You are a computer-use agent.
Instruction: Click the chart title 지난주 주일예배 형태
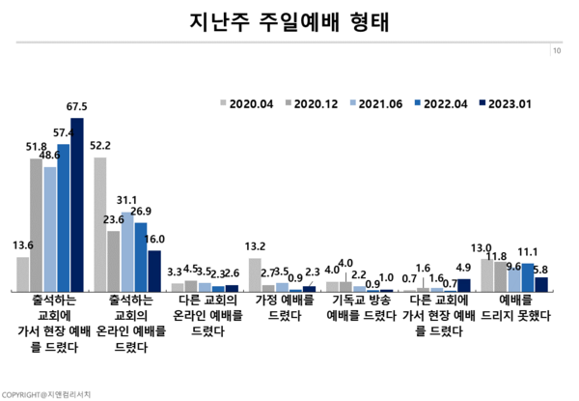click(289, 20)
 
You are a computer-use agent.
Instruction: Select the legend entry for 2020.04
click(249, 101)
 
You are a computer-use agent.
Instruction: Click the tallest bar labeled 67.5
click(77, 204)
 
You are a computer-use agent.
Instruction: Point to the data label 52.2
click(99, 145)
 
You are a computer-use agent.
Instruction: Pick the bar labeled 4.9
click(464, 285)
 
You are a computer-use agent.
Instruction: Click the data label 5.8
click(541, 269)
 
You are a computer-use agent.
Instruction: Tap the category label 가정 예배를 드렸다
click(282, 307)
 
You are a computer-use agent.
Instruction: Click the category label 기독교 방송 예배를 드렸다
click(359, 307)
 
